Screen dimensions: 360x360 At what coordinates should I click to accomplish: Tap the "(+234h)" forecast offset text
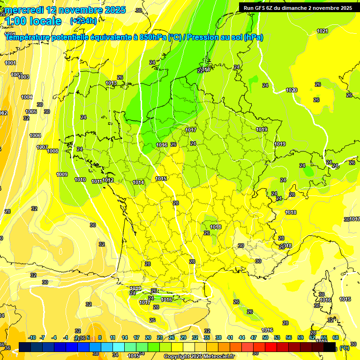(83, 21)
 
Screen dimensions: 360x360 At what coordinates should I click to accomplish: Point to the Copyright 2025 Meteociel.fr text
(199, 356)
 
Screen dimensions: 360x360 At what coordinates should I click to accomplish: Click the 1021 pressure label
(322, 31)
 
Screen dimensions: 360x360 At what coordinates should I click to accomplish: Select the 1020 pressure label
(292, 90)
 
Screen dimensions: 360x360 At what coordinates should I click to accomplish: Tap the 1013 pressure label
(111, 83)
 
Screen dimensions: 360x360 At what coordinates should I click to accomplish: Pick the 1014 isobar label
(138, 182)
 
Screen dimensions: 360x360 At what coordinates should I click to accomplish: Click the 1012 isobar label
(108, 180)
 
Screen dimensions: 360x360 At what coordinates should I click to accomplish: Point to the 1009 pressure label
(62, 174)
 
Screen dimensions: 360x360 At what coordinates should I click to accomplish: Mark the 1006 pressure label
(35, 135)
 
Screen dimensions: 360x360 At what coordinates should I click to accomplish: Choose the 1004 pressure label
(27, 97)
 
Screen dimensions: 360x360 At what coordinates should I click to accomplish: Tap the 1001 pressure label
(10, 63)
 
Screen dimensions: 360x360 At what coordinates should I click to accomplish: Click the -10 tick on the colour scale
(32, 337)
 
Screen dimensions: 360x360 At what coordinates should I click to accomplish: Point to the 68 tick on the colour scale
(336, 337)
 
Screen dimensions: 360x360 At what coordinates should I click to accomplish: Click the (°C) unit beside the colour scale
(345, 348)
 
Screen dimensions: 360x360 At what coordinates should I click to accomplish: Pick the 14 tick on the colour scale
(125, 337)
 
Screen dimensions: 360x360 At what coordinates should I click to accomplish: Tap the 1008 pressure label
(52, 151)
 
